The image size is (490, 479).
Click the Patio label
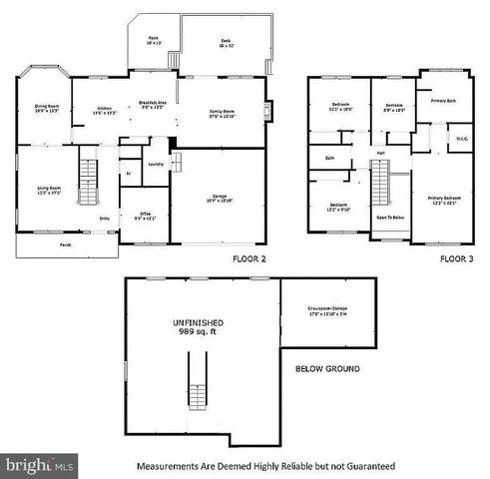click(x=154, y=41)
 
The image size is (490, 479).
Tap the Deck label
click(x=227, y=41)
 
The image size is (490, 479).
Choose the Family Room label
click(x=223, y=111)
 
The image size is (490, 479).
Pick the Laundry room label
click(x=155, y=164)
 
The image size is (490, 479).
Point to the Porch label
click(x=64, y=243)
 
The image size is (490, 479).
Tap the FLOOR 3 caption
click(x=454, y=258)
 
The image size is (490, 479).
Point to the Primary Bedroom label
click(x=442, y=201)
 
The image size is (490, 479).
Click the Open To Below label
click(x=389, y=217)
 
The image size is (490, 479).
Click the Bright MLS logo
click(x=40, y=466)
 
